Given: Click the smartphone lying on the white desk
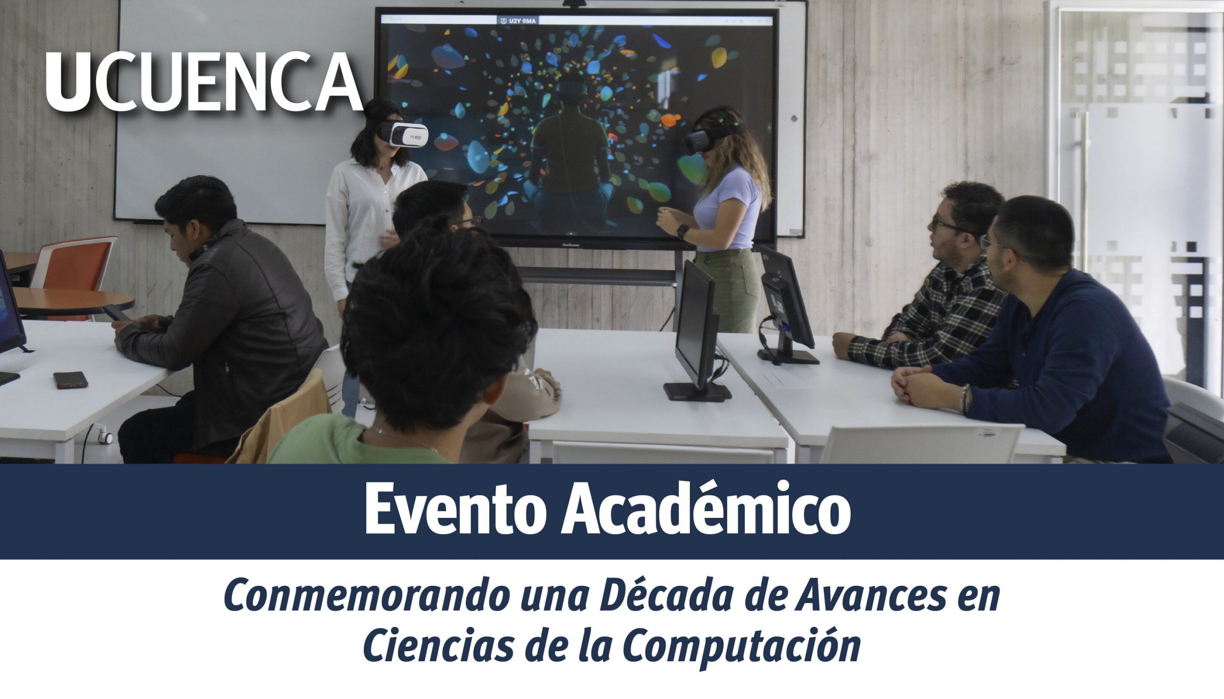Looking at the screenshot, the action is (x=71, y=379).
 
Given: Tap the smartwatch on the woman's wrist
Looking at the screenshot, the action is (x=682, y=231).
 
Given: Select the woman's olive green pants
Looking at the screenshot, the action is (x=726, y=290).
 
